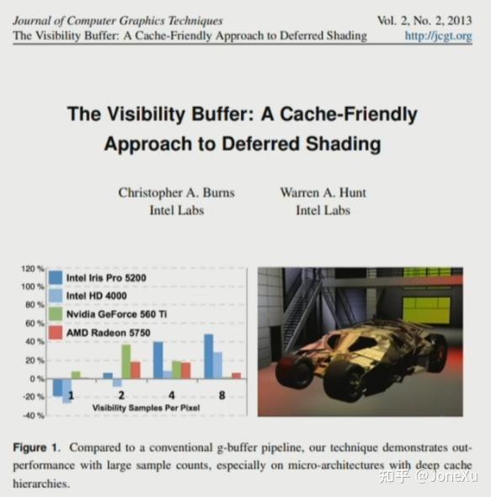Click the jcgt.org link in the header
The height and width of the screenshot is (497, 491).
pos(438,36)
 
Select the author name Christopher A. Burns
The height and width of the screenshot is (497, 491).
pos(176,193)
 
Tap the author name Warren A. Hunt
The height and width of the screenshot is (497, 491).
pos(323,193)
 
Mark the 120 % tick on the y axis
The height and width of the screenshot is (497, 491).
pos(32,269)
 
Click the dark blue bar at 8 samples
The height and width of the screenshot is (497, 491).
pos(208,356)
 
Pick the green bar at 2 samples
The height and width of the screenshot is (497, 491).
pos(125,362)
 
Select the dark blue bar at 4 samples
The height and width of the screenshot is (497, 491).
pos(157,361)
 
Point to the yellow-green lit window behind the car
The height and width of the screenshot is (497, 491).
pos(425,309)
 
